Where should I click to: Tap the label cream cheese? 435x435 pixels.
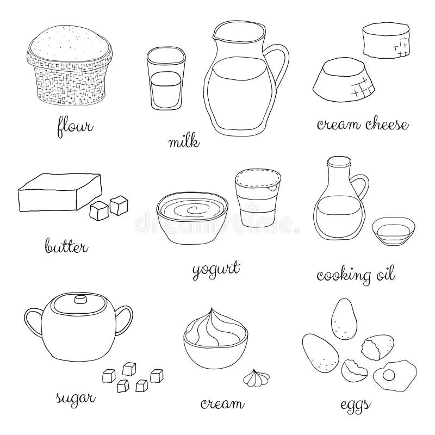363,126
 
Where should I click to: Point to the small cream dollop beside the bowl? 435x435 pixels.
254,377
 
